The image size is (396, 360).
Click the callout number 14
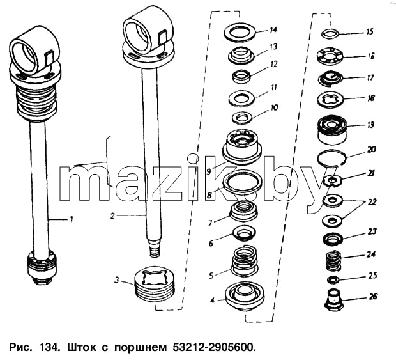273,30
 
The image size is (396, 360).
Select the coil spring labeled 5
244,260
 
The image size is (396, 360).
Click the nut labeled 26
333,300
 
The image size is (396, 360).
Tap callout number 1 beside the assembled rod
72,219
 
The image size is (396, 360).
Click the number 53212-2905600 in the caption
213,347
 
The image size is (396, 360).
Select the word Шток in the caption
81,347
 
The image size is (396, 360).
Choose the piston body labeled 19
332,130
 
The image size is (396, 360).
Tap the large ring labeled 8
242,181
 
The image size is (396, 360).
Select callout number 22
372,202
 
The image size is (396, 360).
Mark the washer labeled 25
333,279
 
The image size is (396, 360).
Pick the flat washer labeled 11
241,98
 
